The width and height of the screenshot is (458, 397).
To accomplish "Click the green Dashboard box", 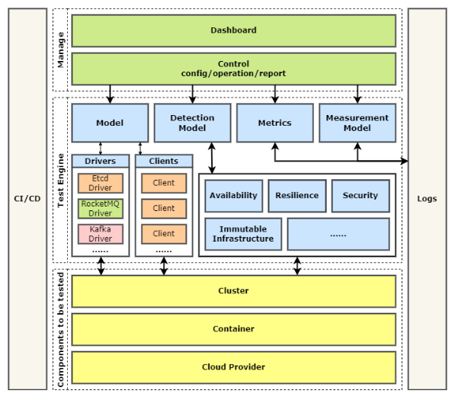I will pyautogui.click(x=233, y=30).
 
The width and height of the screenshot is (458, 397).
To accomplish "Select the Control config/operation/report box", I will pyautogui.click(x=233, y=69).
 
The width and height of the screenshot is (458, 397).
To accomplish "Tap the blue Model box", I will pyautogui.click(x=110, y=123).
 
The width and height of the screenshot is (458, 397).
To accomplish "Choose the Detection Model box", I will pyautogui.click(x=192, y=123).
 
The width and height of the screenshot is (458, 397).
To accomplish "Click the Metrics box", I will pyautogui.click(x=274, y=123).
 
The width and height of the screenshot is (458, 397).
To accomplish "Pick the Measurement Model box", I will pyautogui.click(x=357, y=123).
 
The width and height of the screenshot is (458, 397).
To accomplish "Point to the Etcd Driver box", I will pyautogui.click(x=101, y=183).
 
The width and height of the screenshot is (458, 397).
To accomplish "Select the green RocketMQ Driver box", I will pyautogui.click(x=101, y=208).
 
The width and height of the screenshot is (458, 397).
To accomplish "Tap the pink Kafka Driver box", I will pyautogui.click(x=101, y=233).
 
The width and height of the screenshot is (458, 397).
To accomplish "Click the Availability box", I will pyautogui.click(x=233, y=196).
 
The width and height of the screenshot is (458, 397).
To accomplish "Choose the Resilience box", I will pyautogui.click(x=297, y=196).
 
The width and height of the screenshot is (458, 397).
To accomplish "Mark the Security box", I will pyautogui.click(x=360, y=196).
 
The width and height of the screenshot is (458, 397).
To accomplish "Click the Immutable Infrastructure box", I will pyautogui.click(x=243, y=234).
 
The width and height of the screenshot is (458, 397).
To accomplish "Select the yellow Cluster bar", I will pyautogui.click(x=233, y=291).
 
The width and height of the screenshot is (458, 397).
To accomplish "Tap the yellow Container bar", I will pyautogui.click(x=233, y=329).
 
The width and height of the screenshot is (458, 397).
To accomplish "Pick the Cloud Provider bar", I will pyautogui.click(x=233, y=367).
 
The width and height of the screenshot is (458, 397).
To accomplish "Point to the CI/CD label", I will pyautogui.click(x=27, y=199).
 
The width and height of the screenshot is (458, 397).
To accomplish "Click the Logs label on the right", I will pyautogui.click(x=427, y=199).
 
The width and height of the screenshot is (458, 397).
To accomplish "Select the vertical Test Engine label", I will pyautogui.click(x=61, y=180).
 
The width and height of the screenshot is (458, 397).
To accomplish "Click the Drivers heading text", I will pyautogui.click(x=101, y=162).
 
